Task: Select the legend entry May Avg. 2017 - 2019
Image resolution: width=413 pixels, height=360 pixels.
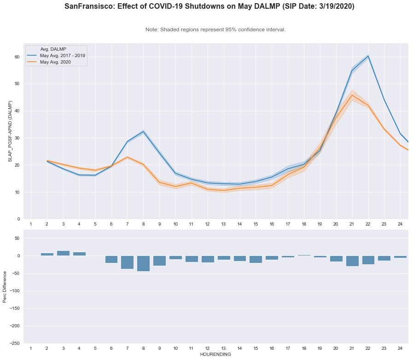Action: click(x=62, y=55)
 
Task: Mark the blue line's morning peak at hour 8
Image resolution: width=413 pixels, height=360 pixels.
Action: click(x=143, y=131)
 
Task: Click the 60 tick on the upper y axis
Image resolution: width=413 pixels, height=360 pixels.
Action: click(x=17, y=57)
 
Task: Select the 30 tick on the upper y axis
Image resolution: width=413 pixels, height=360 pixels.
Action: click(x=17, y=138)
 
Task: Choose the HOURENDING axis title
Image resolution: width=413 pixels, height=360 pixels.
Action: click(x=215, y=355)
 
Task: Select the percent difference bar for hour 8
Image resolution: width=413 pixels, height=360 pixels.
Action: click(x=143, y=263)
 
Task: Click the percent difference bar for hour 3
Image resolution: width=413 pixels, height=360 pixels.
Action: click(x=63, y=253)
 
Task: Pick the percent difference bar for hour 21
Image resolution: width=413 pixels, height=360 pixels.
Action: click(x=352, y=261)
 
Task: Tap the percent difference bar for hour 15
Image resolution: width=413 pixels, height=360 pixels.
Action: click(x=256, y=259)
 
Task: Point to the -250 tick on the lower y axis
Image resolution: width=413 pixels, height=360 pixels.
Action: click(x=15, y=343)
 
